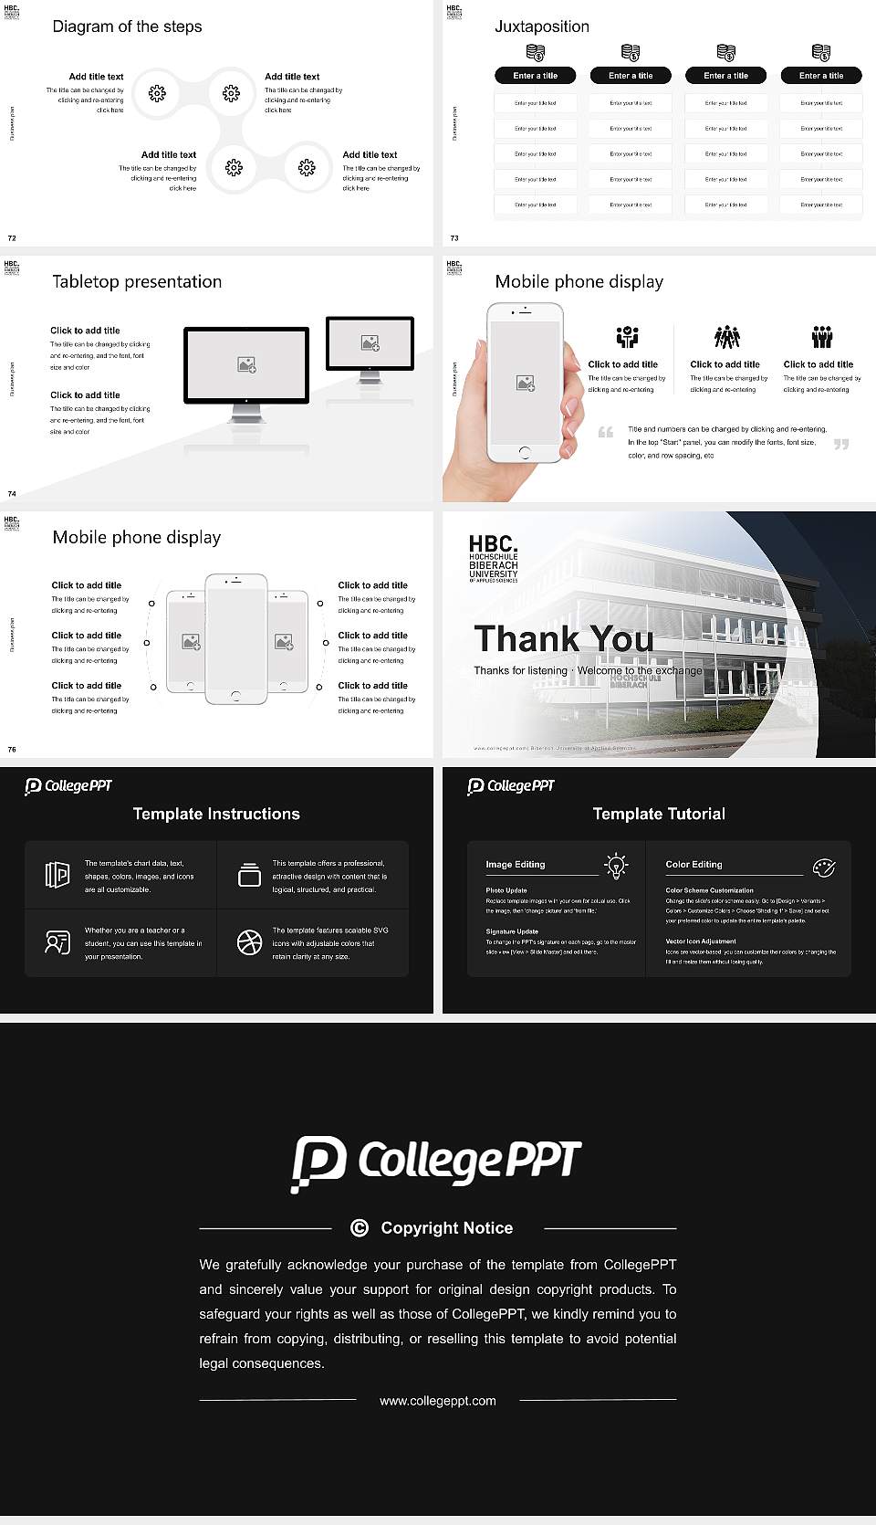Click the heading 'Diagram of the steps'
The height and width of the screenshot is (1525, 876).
[x=127, y=26]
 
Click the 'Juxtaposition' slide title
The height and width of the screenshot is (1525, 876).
[x=541, y=26]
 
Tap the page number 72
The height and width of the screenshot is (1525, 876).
[x=12, y=238]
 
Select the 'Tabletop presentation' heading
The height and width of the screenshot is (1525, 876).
[x=137, y=281]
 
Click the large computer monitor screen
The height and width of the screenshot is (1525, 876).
[x=246, y=364]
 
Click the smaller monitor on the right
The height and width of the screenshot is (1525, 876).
[x=370, y=342]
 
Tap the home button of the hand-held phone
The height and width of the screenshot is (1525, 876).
[x=524, y=452]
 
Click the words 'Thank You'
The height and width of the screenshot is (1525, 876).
[x=563, y=638]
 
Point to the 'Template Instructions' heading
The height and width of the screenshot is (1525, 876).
[x=216, y=814]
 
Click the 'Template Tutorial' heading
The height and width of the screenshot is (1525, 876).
[x=659, y=814]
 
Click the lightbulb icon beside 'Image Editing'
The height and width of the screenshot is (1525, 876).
[x=616, y=866]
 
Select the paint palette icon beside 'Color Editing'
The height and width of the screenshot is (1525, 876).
[x=823, y=867]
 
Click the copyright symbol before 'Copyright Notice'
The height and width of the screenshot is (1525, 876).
[x=360, y=1228]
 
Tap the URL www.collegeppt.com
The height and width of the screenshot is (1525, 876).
[x=438, y=1401]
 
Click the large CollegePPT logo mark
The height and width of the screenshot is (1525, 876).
[x=318, y=1163]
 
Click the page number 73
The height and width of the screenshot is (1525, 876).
[x=454, y=238]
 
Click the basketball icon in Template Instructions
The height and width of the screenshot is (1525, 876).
[x=249, y=942]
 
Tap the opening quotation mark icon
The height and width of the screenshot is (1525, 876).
[x=605, y=432]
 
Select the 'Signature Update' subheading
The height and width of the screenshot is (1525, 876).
[x=512, y=931]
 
